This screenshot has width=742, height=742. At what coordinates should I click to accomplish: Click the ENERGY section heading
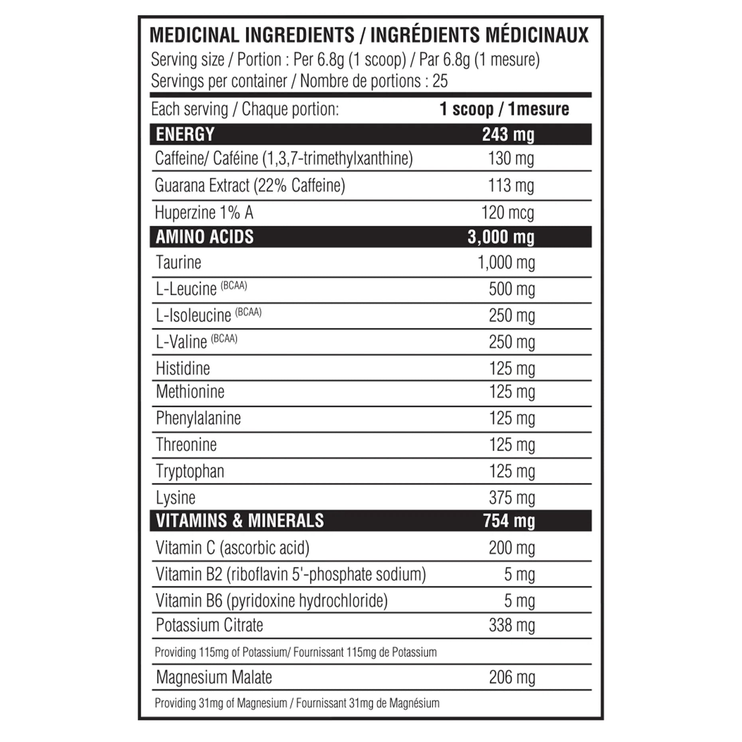click(185, 134)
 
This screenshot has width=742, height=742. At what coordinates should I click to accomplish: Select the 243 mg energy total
click(508, 134)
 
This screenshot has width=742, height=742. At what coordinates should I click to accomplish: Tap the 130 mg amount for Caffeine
click(511, 159)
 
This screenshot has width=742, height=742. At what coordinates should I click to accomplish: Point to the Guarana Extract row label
click(250, 185)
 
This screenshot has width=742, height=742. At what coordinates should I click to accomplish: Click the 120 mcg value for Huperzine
click(507, 213)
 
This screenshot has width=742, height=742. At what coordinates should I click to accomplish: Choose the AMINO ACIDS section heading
click(204, 237)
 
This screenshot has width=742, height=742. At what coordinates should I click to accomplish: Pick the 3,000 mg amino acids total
click(501, 237)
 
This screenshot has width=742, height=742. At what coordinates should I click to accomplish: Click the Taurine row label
click(178, 262)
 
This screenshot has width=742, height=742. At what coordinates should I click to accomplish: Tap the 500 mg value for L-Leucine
click(512, 289)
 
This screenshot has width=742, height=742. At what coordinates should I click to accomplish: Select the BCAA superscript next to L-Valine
click(224, 339)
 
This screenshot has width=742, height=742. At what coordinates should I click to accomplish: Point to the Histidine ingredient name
click(183, 368)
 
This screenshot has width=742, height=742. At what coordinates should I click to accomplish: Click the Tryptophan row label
click(190, 471)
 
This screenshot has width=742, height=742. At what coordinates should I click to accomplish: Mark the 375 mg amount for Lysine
click(512, 498)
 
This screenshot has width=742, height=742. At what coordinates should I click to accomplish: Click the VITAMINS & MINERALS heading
click(240, 521)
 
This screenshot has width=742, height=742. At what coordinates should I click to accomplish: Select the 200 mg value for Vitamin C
click(512, 548)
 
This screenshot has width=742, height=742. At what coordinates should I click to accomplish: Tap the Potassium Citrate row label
click(209, 625)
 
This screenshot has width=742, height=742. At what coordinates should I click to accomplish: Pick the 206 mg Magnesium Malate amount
click(512, 677)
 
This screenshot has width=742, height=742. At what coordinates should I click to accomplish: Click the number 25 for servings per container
click(440, 81)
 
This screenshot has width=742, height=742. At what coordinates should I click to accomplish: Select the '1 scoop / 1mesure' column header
click(504, 109)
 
